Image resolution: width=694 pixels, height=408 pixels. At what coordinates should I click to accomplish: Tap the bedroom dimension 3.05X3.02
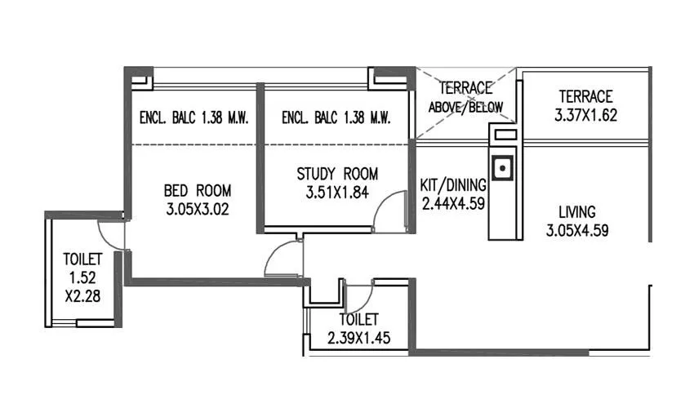196,209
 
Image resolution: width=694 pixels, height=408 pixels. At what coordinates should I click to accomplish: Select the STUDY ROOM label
337,174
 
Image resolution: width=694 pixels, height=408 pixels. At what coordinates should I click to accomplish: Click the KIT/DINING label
453,184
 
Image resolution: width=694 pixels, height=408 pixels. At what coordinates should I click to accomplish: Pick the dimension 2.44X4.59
453,203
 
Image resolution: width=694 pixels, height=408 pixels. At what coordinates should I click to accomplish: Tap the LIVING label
577,211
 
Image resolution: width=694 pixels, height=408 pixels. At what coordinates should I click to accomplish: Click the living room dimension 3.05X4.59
577,230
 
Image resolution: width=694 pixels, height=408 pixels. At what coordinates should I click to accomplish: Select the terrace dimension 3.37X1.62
585,115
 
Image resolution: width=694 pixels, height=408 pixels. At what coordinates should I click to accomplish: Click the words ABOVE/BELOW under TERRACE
466,107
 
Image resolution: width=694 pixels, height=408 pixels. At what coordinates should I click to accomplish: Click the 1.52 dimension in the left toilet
82,278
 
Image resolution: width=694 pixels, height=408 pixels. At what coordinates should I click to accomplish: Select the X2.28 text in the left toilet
82,296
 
